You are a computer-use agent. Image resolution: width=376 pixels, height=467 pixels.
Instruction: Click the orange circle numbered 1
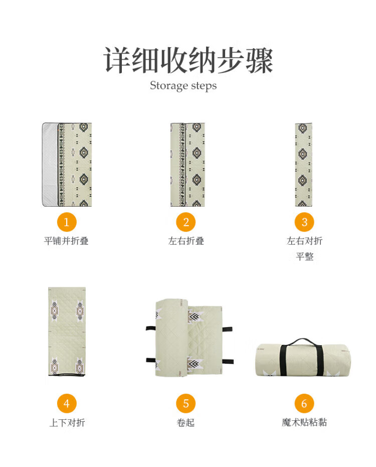(x=67, y=222)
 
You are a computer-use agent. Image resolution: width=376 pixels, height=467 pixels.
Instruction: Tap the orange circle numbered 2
(x=186, y=222)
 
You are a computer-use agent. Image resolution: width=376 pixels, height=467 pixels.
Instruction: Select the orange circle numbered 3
(x=304, y=222)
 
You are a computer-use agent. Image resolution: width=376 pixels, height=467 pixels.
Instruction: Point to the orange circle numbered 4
(x=67, y=404)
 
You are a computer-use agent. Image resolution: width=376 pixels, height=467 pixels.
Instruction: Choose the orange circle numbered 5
(x=186, y=404)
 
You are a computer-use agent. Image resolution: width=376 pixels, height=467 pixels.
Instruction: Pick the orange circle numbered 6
(x=304, y=404)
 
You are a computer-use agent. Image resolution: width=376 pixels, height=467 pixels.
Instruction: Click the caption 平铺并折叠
(x=66, y=241)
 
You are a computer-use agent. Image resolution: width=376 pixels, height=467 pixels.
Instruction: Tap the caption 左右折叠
(x=186, y=241)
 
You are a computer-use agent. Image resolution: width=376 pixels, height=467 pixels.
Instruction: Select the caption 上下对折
(x=67, y=422)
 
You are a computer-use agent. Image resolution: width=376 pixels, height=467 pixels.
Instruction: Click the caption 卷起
(x=186, y=422)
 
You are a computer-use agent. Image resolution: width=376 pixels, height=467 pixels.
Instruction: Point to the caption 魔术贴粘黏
(x=304, y=422)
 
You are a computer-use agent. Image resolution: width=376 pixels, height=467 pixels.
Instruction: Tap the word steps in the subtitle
(x=204, y=86)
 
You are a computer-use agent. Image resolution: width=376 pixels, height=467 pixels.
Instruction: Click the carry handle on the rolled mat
(x=302, y=342)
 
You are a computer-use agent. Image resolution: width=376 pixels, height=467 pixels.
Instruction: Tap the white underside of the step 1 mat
(x=50, y=165)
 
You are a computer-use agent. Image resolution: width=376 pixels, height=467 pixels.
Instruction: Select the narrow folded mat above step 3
(x=303, y=165)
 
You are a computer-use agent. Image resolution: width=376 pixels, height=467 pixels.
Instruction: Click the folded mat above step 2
(x=187, y=165)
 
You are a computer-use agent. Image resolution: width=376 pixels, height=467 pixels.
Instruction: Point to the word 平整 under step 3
(x=304, y=256)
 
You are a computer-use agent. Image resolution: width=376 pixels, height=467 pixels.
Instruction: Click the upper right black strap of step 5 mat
(x=227, y=329)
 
